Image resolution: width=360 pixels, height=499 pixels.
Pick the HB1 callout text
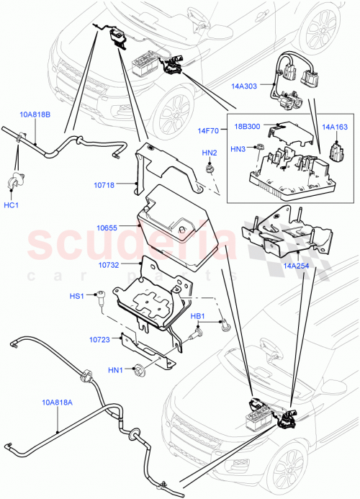198,315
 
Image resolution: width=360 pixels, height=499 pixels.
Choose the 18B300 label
246,126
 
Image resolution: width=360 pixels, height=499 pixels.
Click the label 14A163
335,127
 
